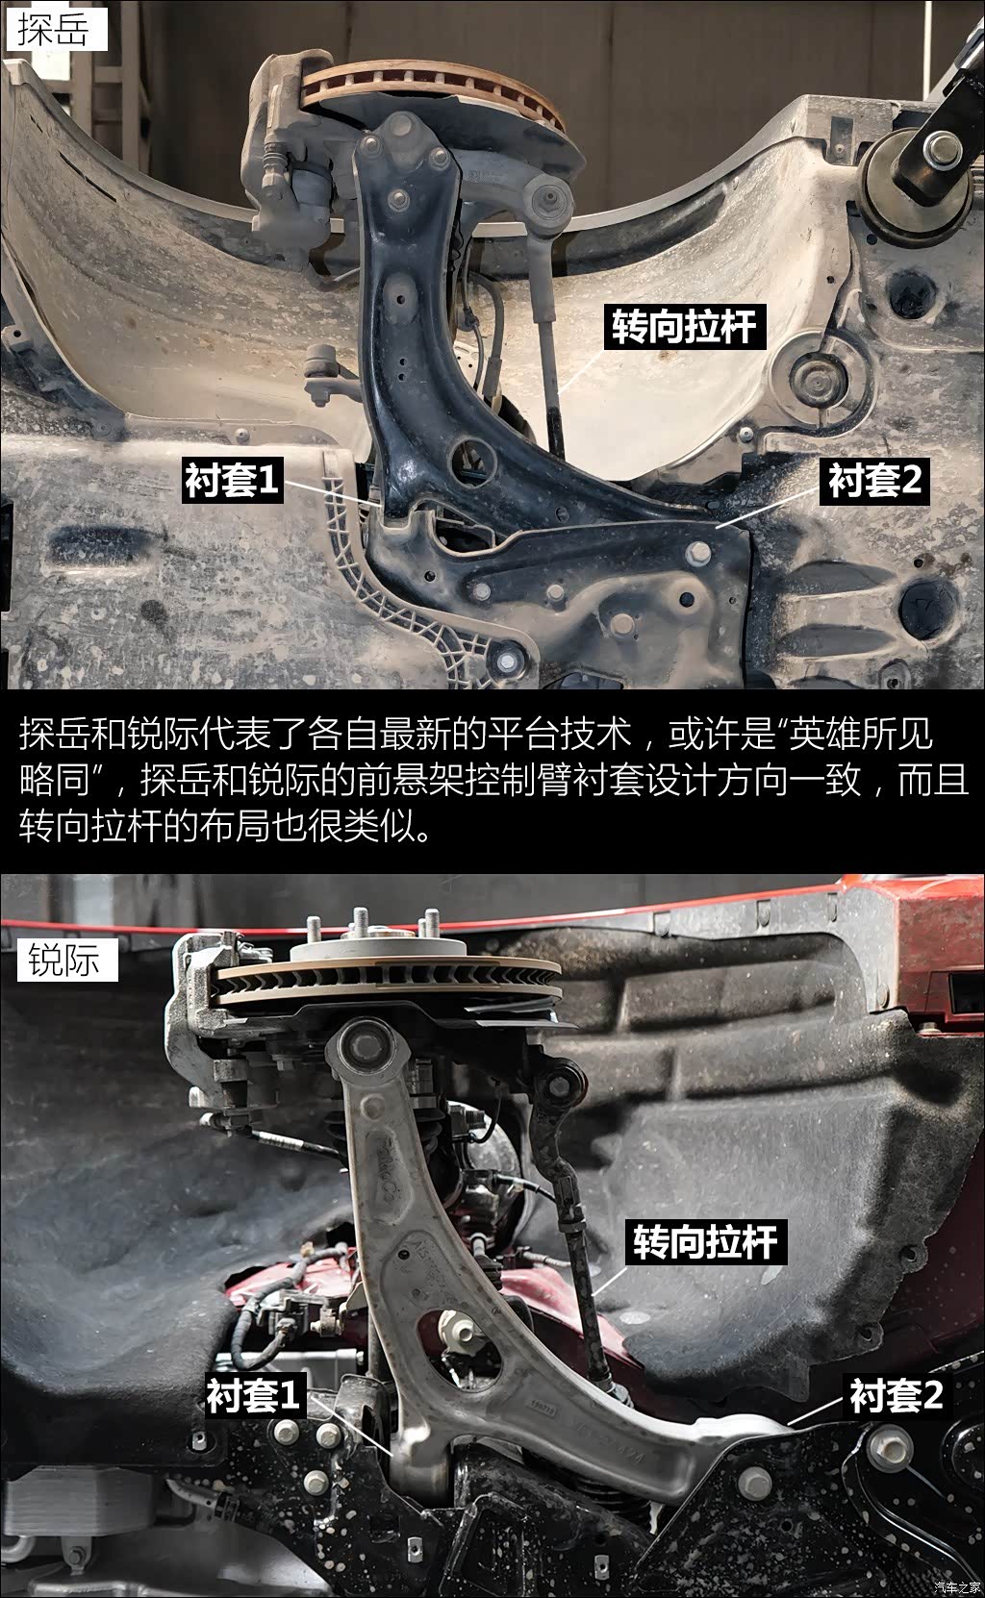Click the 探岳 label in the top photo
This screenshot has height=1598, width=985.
click(x=57, y=29)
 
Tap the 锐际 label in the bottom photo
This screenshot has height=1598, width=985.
click(x=67, y=960)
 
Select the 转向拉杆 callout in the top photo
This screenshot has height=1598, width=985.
click(x=685, y=327)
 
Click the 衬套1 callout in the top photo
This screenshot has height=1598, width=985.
click(x=232, y=480)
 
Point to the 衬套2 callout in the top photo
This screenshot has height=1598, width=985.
click(x=874, y=480)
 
